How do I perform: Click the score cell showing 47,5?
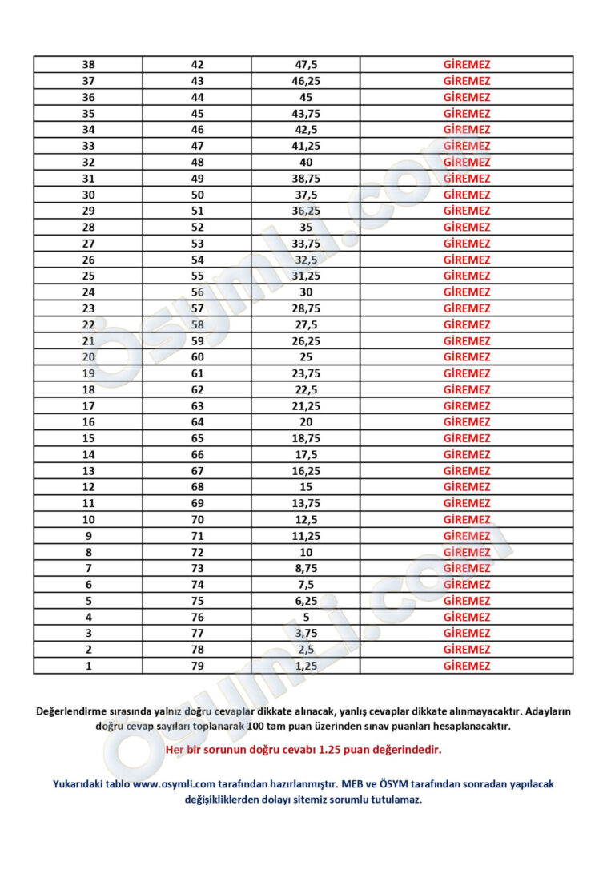[305, 65]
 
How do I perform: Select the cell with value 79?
[197, 666]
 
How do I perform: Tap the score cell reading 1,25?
[305, 666]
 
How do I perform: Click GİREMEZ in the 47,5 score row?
[467, 65]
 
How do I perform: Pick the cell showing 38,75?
[305, 179]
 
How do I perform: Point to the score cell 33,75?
[305, 244]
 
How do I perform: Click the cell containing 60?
[197, 357]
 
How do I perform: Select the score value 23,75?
[305, 373]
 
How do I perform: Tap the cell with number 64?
[197, 422]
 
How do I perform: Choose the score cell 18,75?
[305, 438]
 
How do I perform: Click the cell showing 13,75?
[305, 503]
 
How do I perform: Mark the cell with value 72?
[197, 552]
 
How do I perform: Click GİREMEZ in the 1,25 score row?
[467, 666]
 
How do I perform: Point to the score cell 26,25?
[305, 341]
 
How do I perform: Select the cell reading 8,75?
[305, 568]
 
